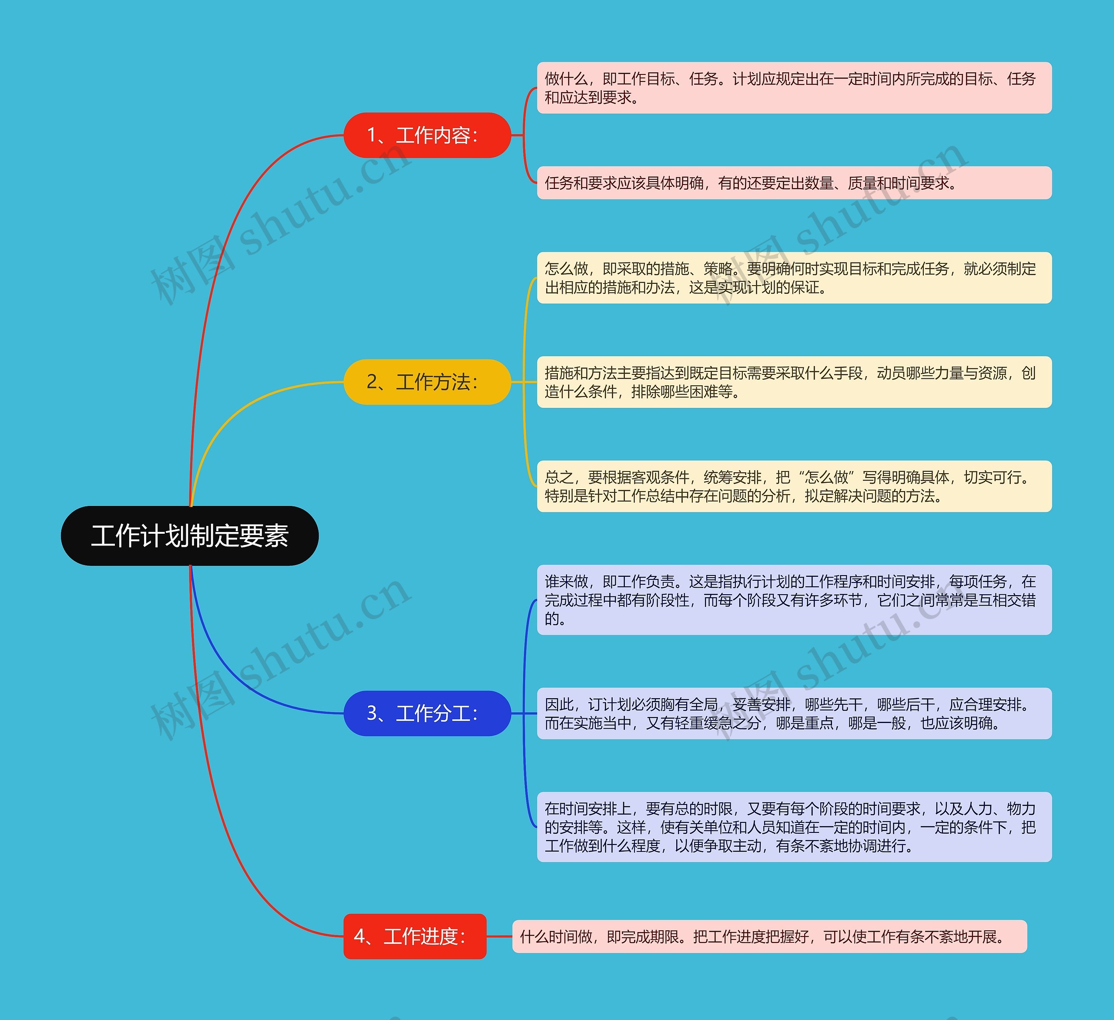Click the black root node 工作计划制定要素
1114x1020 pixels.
(x=190, y=536)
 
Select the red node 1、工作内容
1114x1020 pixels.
(x=426, y=135)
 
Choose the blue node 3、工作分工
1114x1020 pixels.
(x=426, y=713)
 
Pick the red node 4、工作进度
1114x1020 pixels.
(x=414, y=936)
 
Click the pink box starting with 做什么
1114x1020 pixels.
(x=793, y=88)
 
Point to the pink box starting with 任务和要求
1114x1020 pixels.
(x=793, y=183)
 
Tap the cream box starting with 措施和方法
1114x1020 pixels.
(x=793, y=382)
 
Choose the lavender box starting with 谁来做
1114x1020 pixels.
(x=793, y=600)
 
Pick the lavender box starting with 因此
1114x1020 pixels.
(x=793, y=713)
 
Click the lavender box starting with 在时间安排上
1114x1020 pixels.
(x=793, y=827)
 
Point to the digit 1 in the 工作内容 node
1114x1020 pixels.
(x=372, y=135)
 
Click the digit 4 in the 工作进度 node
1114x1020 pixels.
(x=360, y=936)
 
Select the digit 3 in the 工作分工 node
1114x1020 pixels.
(x=372, y=713)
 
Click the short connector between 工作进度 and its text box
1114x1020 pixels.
(x=499, y=936)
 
